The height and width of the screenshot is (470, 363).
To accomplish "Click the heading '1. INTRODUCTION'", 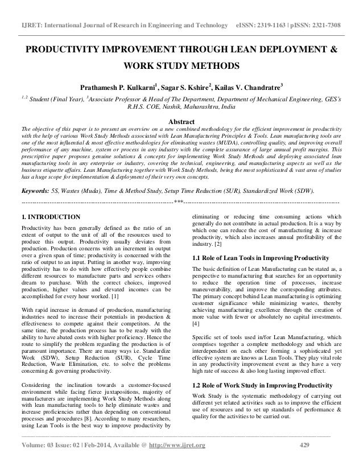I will point(51,217).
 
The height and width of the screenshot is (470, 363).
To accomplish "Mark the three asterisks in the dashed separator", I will point(179,203).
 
